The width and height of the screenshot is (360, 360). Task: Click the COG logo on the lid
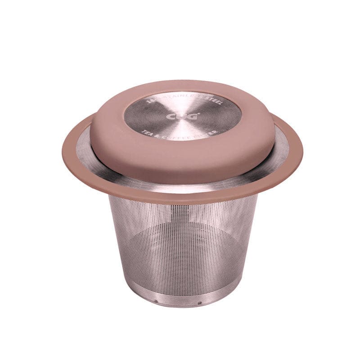point(182,117)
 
